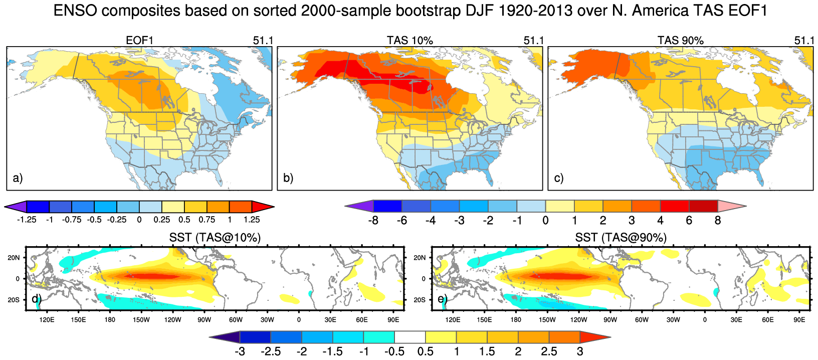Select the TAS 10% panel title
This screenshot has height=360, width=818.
click(410, 41)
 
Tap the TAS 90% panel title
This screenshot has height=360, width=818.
click(680, 41)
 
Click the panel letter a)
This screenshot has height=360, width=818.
click(18, 178)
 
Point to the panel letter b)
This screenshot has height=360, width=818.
click(288, 178)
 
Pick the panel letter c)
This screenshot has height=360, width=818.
click(559, 178)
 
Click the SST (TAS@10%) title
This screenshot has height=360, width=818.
click(215, 238)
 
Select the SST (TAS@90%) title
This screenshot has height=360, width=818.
click(621, 238)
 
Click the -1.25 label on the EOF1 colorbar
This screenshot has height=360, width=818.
click(26, 220)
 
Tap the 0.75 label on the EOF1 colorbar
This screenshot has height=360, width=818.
click(207, 220)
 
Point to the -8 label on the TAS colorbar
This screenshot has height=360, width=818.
click(373, 221)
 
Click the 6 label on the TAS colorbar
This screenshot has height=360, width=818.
click(689, 221)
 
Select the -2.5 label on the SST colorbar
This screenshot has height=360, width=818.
click(271, 351)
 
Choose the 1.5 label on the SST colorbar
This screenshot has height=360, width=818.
click(487, 351)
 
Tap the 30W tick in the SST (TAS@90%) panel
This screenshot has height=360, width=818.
click(673, 320)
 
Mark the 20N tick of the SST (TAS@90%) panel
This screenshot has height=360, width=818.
click(420, 258)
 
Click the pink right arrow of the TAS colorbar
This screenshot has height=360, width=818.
click(731, 206)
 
